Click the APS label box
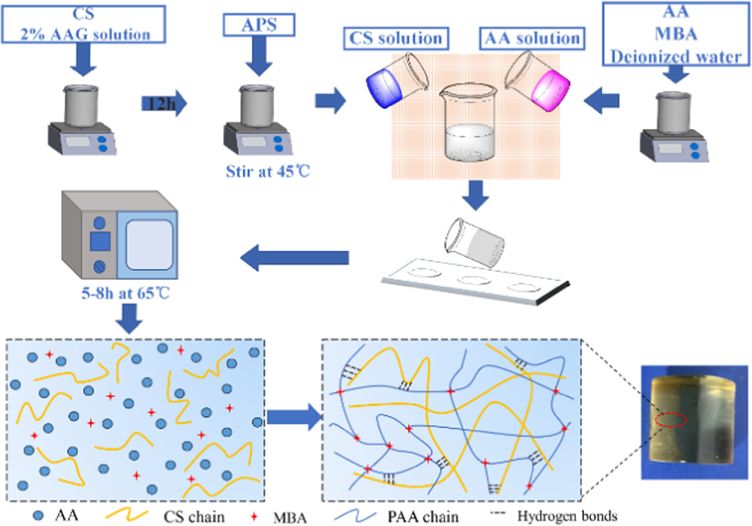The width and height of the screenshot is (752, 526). click(259, 25)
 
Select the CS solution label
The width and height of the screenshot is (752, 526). click(396, 39)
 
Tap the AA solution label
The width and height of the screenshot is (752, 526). click(532, 39)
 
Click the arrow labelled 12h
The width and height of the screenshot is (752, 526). click(164, 103)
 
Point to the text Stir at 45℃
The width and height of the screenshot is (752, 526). click(268, 172)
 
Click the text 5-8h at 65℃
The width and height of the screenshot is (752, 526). click(126, 293)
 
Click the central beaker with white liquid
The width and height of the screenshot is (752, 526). click(469, 126)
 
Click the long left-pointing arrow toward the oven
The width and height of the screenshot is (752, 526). click(295, 258)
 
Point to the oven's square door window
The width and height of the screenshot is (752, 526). click(149, 245)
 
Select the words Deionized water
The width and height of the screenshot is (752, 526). click(676, 56)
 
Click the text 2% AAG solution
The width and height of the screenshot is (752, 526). click(85, 34)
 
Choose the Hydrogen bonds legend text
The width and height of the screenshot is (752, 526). click(567, 516)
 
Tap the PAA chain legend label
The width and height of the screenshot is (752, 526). click(423, 517)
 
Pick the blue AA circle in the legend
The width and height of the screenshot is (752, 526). click(38, 515)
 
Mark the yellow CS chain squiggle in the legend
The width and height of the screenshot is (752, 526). click(127, 515)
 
